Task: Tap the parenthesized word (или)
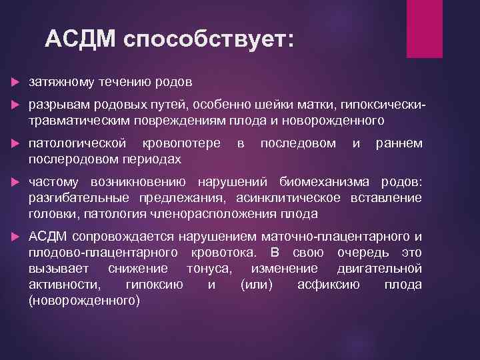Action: [x=255, y=285]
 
